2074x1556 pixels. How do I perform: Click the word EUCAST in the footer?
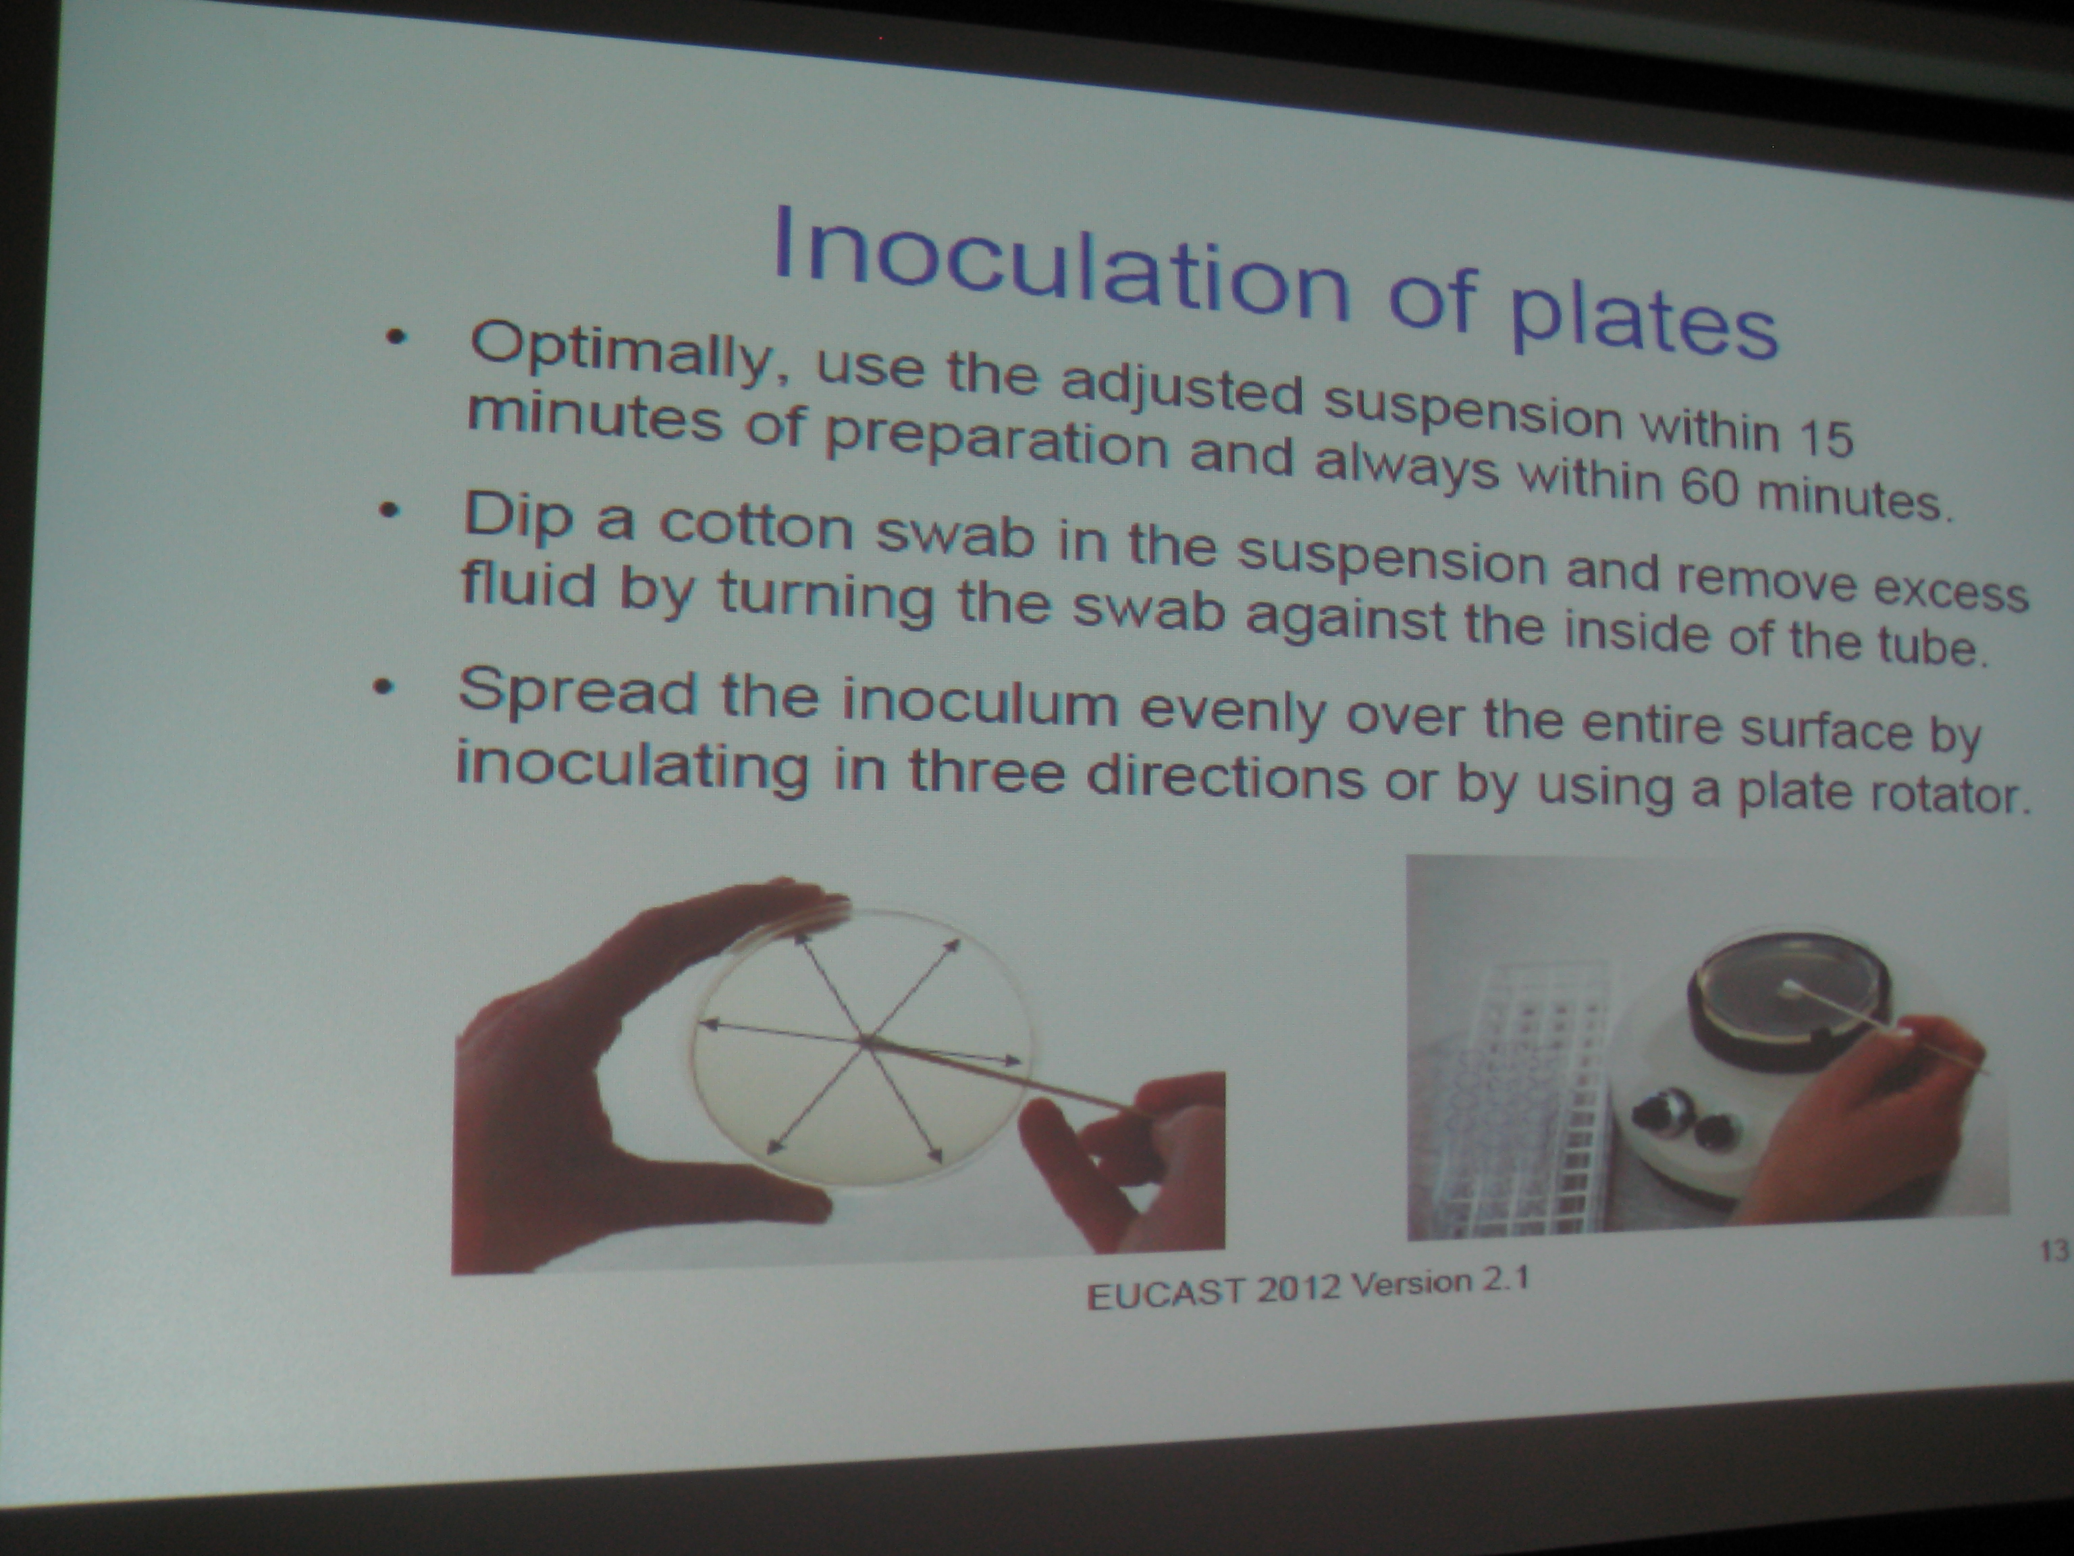1165,1293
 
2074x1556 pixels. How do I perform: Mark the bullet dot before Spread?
381,687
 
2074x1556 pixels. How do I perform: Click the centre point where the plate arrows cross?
863,1038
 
